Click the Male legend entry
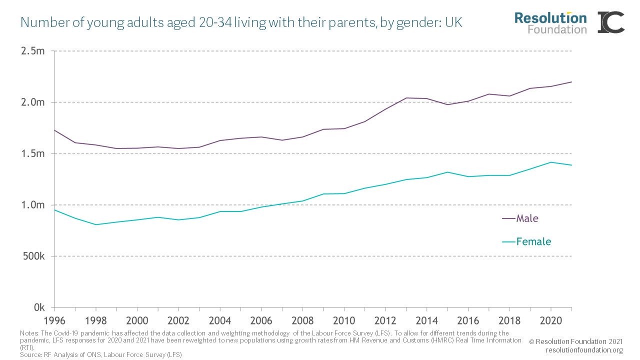[x=527, y=218]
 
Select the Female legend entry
[x=533, y=242]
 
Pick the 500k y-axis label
[x=32, y=256]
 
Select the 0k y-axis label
[x=39, y=307]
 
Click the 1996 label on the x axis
[x=54, y=320]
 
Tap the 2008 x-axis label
[x=302, y=320]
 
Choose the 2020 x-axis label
[x=550, y=320]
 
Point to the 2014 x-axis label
[x=426, y=320]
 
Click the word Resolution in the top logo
[x=550, y=18]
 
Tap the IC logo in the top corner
[x=611, y=22]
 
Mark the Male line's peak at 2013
[x=405, y=98]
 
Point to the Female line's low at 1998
[x=95, y=224]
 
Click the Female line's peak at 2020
[x=550, y=162]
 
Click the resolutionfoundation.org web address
[x=584, y=350]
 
